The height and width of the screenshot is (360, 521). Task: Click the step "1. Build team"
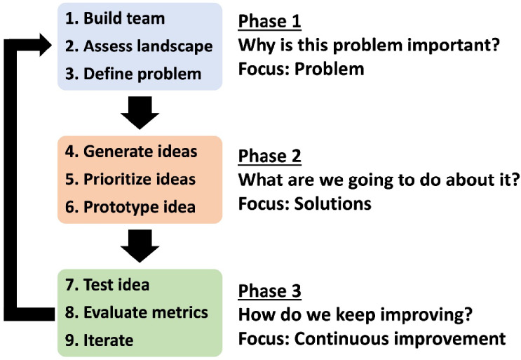[115, 18]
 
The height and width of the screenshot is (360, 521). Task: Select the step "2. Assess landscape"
[139, 46]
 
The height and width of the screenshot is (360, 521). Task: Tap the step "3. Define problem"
[133, 74]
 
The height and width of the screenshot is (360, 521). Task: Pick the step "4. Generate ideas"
[131, 152]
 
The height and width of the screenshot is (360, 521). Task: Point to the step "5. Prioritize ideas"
[130, 180]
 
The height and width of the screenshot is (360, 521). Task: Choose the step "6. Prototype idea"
[130, 207]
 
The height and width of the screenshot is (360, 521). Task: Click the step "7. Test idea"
[107, 285]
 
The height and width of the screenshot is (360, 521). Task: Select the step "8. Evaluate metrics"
[137, 312]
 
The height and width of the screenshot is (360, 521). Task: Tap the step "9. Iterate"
[100, 340]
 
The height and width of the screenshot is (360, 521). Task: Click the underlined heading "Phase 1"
[270, 22]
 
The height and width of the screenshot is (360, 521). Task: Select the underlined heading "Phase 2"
[270, 156]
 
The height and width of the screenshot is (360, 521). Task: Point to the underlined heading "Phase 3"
[270, 291]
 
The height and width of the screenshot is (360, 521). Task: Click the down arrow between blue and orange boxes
[140, 113]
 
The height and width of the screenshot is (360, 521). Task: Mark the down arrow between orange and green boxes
[140, 246]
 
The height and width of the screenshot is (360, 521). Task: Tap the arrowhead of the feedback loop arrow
[46, 45]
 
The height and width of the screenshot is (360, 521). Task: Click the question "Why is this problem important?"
[369, 46]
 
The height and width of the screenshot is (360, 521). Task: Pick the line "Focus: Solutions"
[305, 204]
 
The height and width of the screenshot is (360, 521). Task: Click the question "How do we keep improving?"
[356, 315]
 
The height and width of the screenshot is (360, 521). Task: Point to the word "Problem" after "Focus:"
[330, 69]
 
